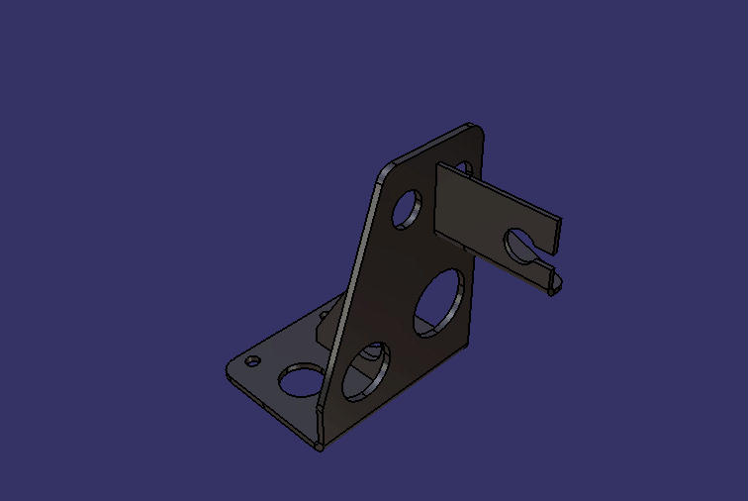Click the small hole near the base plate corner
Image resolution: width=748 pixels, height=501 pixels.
[252, 360]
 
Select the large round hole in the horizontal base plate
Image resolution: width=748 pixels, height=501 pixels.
[299, 377]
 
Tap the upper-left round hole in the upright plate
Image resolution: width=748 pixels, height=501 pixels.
[405, 211]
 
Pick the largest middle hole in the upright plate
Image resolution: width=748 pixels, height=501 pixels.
[439, 301]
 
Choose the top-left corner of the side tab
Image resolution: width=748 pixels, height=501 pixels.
[438, 165]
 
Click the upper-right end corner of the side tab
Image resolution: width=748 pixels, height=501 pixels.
[560, 219]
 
